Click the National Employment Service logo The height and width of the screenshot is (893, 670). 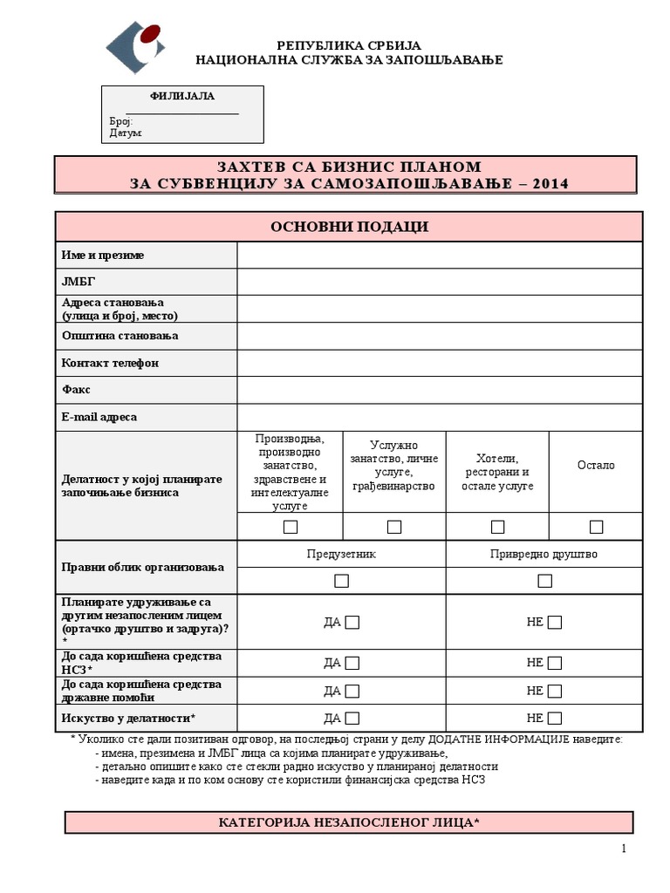134,47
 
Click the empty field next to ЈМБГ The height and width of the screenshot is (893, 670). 439,282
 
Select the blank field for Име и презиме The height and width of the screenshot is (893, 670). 439,255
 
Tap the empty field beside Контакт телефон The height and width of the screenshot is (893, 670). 439,363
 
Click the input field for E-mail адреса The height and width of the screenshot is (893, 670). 439,417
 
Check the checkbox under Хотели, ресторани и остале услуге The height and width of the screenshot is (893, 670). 497,527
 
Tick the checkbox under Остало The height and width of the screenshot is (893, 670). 596,527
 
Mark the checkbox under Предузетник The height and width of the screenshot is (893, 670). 341,581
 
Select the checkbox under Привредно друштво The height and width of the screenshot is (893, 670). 544,581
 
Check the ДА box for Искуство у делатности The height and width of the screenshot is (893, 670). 352,719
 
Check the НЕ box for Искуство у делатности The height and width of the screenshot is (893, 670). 555,719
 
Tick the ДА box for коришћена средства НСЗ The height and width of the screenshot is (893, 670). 352,663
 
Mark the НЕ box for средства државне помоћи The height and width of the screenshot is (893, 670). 555,691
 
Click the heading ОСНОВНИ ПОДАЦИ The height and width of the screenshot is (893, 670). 349,227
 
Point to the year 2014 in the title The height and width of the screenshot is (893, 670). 549,183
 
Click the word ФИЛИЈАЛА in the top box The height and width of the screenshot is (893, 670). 182,96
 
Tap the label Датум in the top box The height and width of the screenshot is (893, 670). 126,133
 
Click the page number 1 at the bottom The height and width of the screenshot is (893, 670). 624,849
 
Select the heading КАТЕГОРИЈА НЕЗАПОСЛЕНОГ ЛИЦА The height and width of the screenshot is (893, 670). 349,822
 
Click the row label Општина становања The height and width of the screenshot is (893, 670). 120,336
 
